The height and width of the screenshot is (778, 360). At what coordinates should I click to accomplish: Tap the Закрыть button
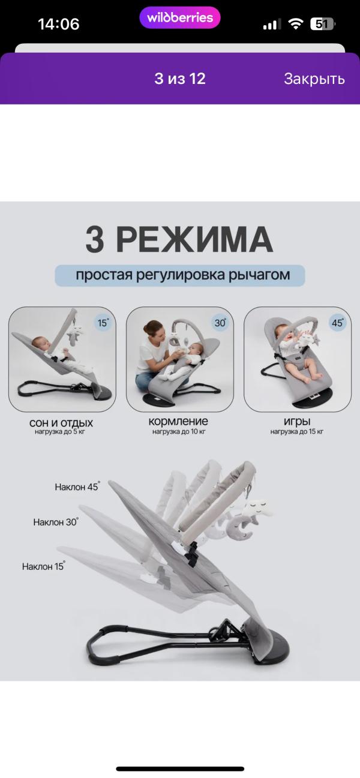[x=314, y=79]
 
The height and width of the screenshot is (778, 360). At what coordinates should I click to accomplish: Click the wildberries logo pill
[x=180, y=18]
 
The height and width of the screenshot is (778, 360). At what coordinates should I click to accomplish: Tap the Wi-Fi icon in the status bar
[x=296, y=24]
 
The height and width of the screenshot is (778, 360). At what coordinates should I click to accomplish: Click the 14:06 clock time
[x=58, y=24]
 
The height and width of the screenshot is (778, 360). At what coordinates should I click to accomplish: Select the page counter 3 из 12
[x=180, y=79]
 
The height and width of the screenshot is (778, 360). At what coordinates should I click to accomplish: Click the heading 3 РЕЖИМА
[x=179, y=239]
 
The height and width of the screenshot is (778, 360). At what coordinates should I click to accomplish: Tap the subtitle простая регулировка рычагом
[x=183, y=275]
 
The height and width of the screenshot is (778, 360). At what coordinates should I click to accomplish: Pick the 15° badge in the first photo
[x=103, y=323]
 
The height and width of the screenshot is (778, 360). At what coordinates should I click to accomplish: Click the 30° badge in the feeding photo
[x=221, y=323]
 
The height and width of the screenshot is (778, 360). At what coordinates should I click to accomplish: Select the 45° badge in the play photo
[x=337, y=323]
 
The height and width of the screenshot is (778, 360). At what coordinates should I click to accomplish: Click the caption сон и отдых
[x=61, y=423]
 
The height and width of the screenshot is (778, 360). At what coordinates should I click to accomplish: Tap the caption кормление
[x=178, y=421]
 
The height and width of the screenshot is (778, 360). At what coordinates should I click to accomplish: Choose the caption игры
[x=297, y=421]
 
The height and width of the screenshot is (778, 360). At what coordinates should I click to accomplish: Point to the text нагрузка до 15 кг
[x=297, y=432]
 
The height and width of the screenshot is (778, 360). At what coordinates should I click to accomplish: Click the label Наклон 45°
[x=77, y=487]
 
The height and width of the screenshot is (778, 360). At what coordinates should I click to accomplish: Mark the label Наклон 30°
[x=56, y=522]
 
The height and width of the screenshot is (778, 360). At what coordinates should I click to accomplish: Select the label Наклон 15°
[x=43, y=566]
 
